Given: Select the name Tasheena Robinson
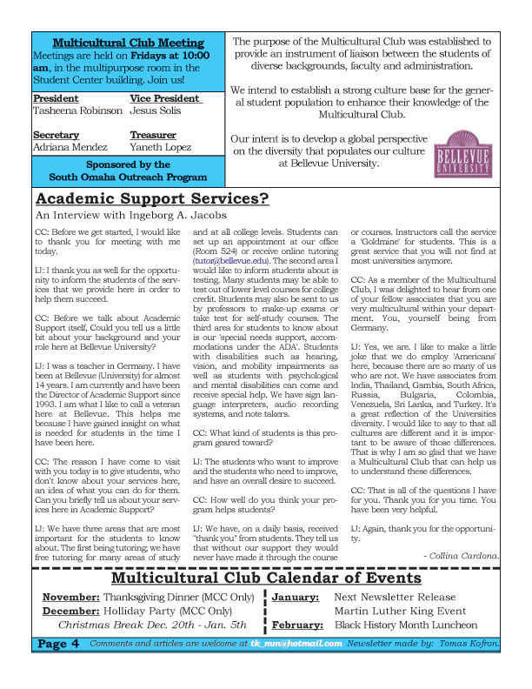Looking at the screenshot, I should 77,111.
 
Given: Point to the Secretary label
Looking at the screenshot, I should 56,136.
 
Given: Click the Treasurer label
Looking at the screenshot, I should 153,136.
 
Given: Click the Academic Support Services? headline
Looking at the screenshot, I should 152,198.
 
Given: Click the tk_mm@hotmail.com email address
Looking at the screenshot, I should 296,643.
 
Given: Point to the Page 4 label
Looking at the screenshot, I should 59,644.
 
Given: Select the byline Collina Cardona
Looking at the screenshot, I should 461,554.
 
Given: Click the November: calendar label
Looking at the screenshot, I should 71,598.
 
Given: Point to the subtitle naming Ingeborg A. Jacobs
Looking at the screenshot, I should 130,215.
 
